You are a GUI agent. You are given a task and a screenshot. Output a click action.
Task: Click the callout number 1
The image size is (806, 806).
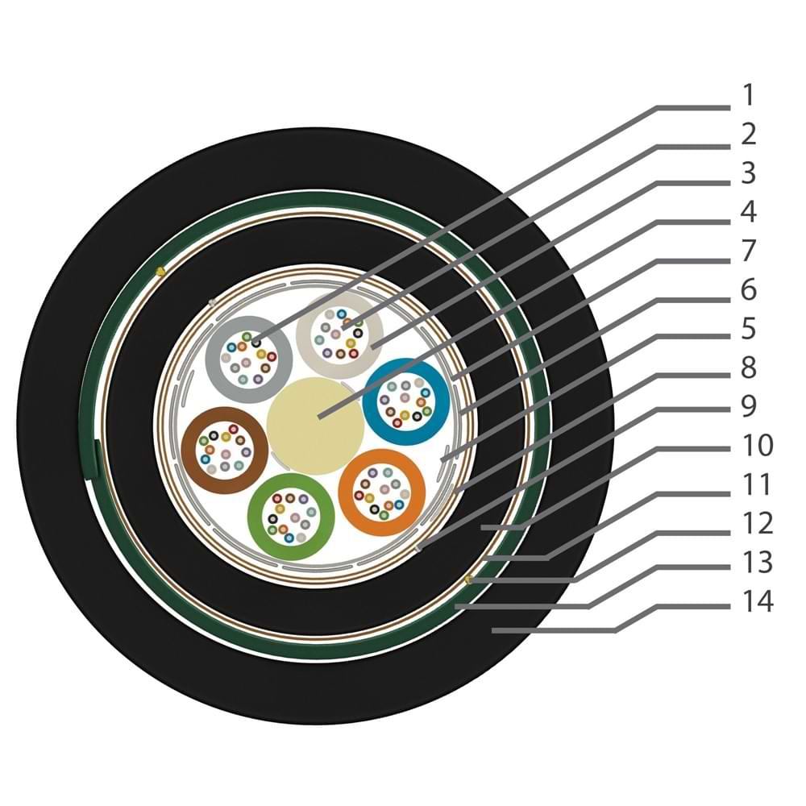point(749,96)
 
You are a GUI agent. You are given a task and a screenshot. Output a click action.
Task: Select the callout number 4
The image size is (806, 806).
point(749,212)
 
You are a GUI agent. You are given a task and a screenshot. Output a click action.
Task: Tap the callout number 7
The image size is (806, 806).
point(749,251)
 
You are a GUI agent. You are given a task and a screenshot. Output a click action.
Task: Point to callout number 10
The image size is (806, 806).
point(757,445)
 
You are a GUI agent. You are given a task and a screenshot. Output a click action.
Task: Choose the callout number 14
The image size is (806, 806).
point(757,601)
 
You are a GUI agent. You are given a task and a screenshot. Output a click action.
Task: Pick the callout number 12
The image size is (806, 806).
point(757,523)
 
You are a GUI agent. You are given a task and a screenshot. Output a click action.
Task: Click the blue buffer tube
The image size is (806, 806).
point(406,401)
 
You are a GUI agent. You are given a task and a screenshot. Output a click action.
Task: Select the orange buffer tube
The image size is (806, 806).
point(382,492)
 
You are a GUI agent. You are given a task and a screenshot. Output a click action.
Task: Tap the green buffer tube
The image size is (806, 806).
point(291,517)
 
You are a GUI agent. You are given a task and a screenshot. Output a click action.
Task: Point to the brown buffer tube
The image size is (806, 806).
point(225,451)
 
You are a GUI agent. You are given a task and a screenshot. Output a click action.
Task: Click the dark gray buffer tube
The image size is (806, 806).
point(249,359)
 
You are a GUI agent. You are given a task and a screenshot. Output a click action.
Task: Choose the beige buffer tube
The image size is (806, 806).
point(340,335)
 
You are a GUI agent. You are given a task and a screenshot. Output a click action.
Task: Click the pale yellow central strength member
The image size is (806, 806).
point(316,426)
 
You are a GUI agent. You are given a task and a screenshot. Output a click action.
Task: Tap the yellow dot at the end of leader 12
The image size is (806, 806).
point(467,580)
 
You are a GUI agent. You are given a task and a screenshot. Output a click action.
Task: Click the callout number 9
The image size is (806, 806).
point(749,406)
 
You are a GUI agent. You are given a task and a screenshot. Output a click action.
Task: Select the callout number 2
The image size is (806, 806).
point(749,134)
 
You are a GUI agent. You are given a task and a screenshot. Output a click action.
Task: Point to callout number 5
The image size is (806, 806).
point(749,329)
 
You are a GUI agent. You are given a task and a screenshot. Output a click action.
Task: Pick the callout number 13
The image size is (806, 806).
point(757,563)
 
